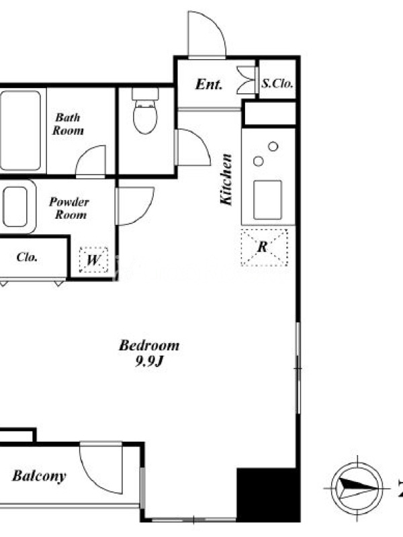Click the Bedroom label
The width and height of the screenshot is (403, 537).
pyautogui.click(x=149, y=346)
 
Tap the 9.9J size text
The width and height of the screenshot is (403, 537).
pyautogui.click(x=148, y=361)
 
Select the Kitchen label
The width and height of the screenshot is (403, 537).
pyautogui.click(x=226, y=180)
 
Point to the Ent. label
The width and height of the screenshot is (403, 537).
pyautogui.click(x=209, y=85)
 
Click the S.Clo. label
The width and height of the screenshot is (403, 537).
pyautogui.click(x=277, y=83)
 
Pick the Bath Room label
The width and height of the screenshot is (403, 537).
pyautogui.click(x=68, y=124)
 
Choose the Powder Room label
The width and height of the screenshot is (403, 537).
pyautogui.click(x=70, y=208)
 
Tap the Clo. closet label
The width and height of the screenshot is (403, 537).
pyautogui.click(x=27, y=257)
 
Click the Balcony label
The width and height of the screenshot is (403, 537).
pyautogui.click(x=39, y=477)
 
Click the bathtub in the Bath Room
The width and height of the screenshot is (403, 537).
pyautogui.click(x=21, y=130)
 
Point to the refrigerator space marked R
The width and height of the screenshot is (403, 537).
pyautogui.click(x=264, y=247)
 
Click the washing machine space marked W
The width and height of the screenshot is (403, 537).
pyautogui.click(x=93, y=260)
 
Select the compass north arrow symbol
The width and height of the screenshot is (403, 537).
pyautogui.click(x=357, y=488)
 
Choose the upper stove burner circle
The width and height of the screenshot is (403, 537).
pyautogui.click(x=273, y=146)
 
